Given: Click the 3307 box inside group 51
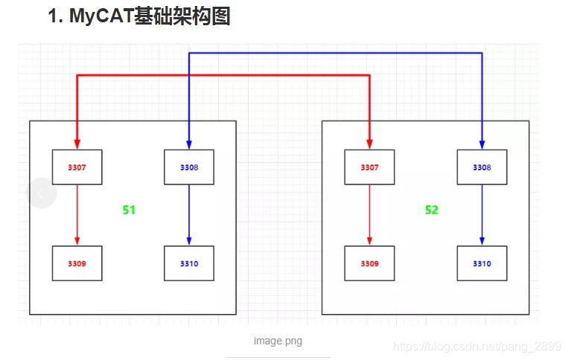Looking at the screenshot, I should pos(77,167).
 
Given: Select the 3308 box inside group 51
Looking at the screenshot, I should pos(189,167).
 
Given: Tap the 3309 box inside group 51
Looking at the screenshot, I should pos(77,263).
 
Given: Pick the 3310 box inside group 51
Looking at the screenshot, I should pos(189,263).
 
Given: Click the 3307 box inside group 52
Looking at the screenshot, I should pos(369,167).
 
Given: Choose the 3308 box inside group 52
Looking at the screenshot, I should pos(482,167).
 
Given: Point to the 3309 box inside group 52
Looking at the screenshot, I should pos(369,263).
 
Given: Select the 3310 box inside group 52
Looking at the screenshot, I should pos(482,263).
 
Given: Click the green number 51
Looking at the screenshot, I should pos(129,210).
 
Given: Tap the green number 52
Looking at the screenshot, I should pos(432,210).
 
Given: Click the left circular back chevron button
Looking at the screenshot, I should pos(42,193).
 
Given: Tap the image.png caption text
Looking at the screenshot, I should pos(278,341).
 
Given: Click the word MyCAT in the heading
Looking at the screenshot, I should pos(100,16).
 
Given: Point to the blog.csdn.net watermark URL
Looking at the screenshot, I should pos(476,347).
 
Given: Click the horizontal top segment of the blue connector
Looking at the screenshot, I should pos(335,53).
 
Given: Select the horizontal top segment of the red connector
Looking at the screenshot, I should pos(223,75).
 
